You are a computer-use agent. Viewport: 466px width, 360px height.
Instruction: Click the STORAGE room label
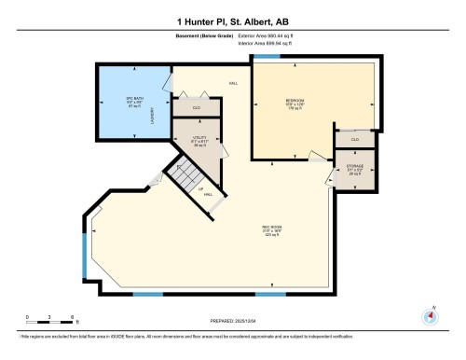coord(354,170)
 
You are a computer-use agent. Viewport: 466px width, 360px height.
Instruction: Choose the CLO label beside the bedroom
coord(354,139)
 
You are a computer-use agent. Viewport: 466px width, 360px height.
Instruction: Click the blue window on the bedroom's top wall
coord(267,58)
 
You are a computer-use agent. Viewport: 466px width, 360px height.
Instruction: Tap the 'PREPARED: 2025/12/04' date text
coord(232,320)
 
